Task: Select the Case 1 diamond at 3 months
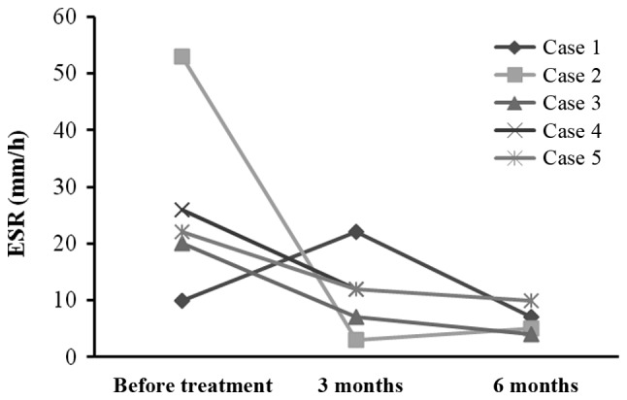coord(356,232)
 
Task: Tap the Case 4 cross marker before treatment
coord(181,209)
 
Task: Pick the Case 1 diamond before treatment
coord(181,300)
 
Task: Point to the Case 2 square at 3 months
coord(356,340)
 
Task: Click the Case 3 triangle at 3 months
coord(356,317)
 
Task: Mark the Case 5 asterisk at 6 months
coord(531,300)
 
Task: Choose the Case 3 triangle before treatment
coord(181,243)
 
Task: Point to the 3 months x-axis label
coord(356,384)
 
